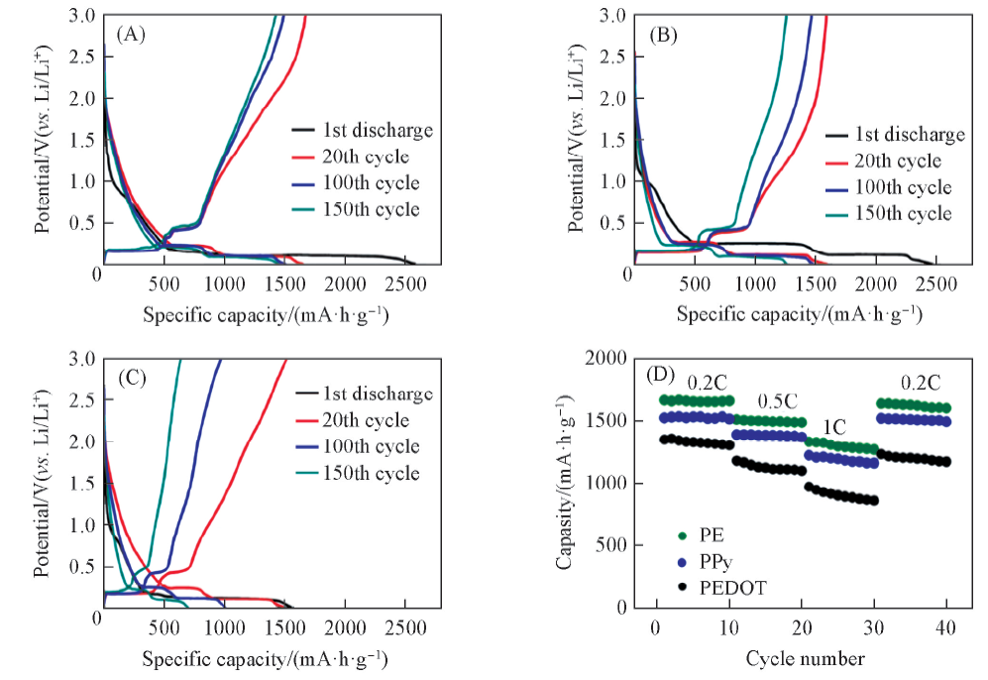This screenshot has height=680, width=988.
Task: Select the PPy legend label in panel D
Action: (x=718, y=562)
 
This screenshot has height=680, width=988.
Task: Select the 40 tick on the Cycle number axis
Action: (x=947, y=630)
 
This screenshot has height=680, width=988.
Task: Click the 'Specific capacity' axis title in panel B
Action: (x=799, y=315)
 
